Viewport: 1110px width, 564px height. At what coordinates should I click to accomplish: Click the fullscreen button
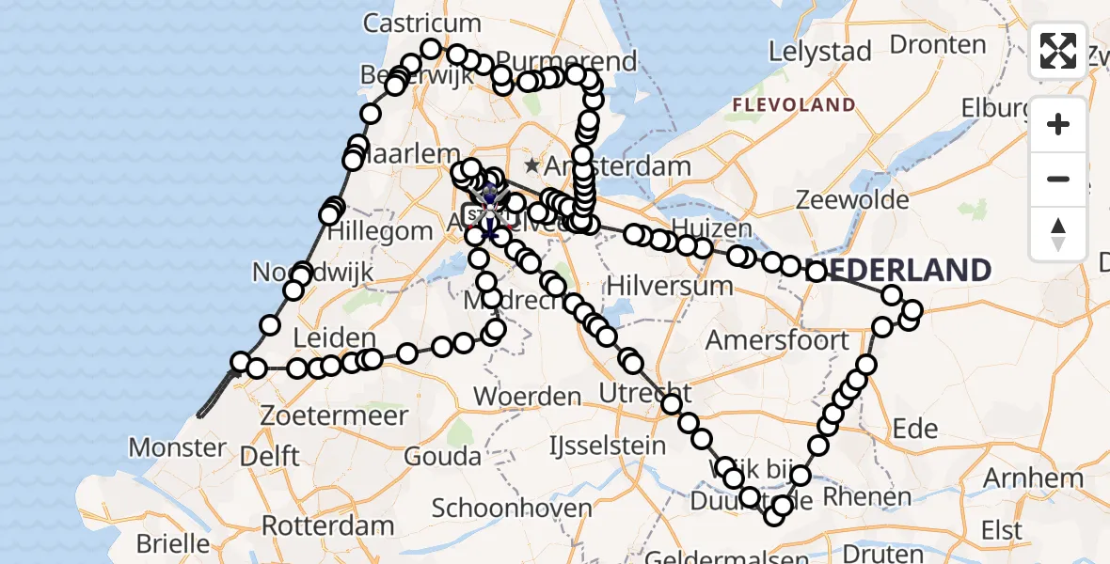[1058, 51]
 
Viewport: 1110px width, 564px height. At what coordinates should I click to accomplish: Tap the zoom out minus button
[1058, 179]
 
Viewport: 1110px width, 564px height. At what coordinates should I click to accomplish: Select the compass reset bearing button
[1058, 233]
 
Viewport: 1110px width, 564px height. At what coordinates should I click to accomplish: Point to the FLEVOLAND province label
[795, 104]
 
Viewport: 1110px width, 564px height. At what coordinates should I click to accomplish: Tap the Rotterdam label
[327, 525]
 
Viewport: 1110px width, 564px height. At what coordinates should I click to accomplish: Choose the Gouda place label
[443, 457]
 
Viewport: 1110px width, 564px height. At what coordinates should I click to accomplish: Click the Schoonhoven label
[512, 509]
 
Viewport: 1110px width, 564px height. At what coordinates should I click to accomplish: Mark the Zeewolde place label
[852, 199]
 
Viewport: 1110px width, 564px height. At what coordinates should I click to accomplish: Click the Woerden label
[527, 396]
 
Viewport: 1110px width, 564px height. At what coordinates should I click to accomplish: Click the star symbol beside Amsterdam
[532, 166]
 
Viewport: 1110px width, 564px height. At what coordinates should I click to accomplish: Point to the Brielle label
[174, 543]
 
